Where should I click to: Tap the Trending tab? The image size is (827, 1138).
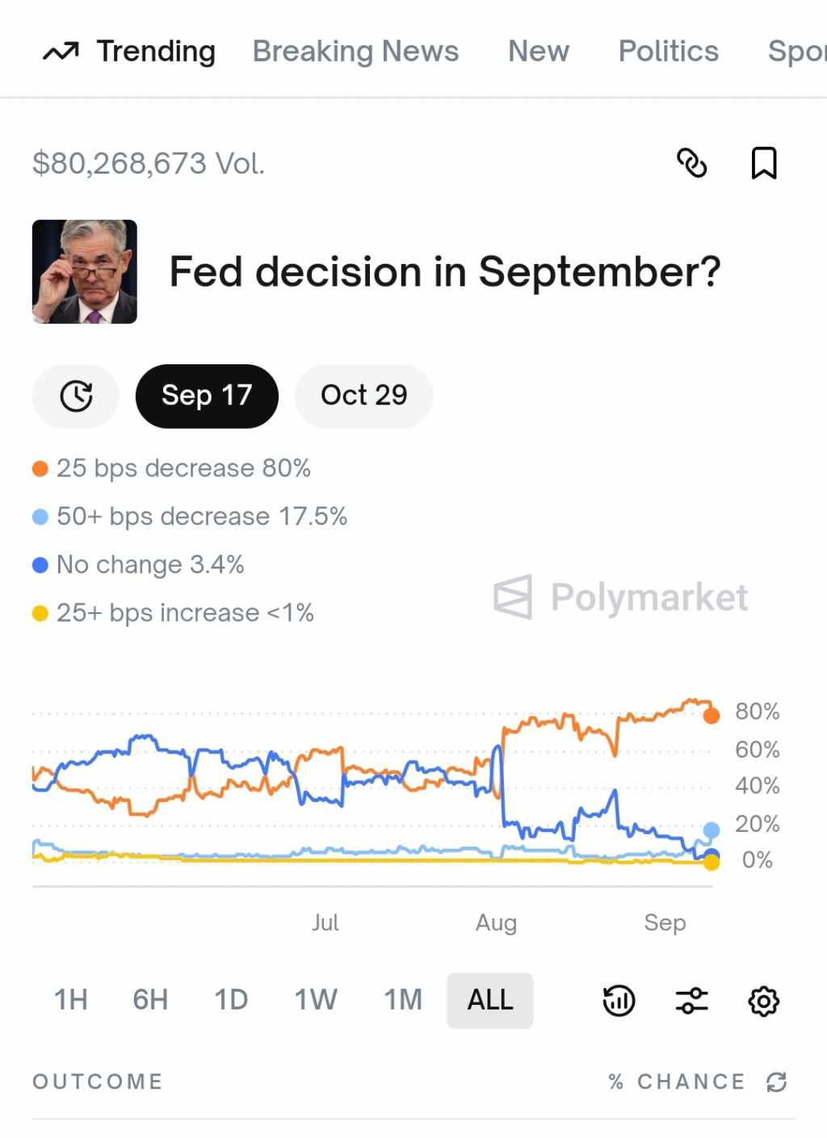pos(129,52)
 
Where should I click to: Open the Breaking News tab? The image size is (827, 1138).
pos(355,52)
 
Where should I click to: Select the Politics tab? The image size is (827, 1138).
pos(668,52)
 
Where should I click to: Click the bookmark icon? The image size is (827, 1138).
pos(763,163)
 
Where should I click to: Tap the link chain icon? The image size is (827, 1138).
pos(691,163)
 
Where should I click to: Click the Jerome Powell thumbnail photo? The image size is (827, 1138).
pos(85,271)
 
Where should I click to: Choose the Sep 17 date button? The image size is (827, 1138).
pos(207,396)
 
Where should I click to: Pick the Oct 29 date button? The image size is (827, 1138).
pos(363,396)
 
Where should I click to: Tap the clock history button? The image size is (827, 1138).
pos(76,396)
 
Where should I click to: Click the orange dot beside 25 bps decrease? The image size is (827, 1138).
pos(40,468)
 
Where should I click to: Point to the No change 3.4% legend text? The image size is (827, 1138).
pos(150,565)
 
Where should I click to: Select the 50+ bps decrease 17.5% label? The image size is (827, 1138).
pos(202,517)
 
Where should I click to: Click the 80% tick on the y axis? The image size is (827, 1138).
pos(757,712)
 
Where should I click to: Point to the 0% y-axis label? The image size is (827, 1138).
pos(757,860)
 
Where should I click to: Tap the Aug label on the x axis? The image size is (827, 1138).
pos(496,922)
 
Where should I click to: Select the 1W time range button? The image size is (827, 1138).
pos(315,1000)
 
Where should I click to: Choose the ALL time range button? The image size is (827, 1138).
pos(490,1000)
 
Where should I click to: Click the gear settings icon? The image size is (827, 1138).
pos(763,1002)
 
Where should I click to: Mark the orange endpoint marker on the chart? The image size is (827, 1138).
pos(712,716)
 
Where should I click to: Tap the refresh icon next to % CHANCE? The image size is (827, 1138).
pos(777,1082)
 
